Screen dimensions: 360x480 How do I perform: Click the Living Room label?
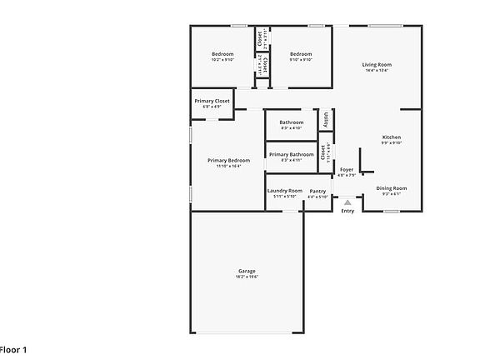[x=377, y=64]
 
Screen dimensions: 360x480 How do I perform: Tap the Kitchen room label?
[x=392, y=137]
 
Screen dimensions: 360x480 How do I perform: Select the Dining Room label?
[x=391, y=188]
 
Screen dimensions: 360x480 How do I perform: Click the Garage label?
[x=247, y=271]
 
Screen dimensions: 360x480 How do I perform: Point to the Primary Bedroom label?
[x=228, y=160]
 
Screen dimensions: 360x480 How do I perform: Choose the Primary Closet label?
[x=212, y=101]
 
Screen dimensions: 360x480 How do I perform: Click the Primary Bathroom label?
[x=291, y=154]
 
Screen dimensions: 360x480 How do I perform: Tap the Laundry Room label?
[x=284, y=191]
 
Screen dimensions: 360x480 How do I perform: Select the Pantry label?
[x=317, y=191]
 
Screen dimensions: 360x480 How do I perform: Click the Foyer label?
[x=346, y=170]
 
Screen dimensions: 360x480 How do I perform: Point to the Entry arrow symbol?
[x=347, y=201]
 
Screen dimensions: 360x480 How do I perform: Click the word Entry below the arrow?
[x=347, y=210]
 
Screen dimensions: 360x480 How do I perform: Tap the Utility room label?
[x=326, y=119]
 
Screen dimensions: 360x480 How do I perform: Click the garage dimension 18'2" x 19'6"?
[x=247, y=277]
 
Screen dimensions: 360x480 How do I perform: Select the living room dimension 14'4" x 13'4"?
[x=377, y=71]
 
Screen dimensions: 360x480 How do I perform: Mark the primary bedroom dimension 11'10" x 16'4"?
[x=228, y=167]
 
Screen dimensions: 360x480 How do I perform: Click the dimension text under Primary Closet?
[x=212, y=107]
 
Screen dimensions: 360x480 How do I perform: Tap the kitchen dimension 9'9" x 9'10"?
[x=392, y=143]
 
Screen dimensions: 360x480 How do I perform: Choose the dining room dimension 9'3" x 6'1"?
[x=391, y=195]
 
